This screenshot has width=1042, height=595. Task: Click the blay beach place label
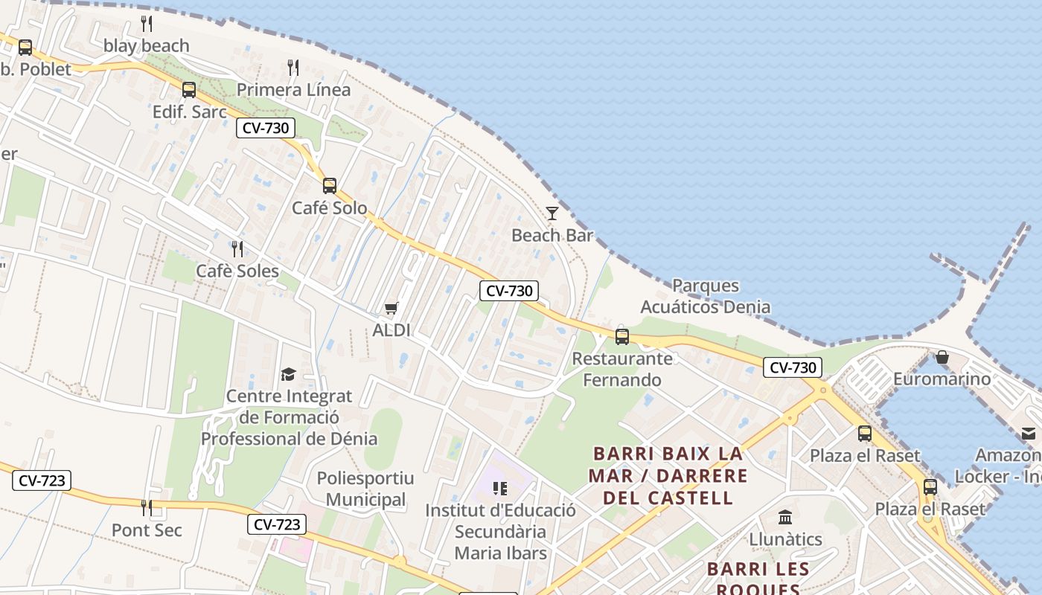(146, 46)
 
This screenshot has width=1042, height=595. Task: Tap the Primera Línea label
(293, 90)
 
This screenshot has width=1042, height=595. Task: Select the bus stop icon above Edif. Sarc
(189, 90)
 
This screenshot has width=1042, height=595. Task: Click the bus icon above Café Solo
(330, 185)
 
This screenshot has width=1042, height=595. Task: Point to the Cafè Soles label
(237, 271)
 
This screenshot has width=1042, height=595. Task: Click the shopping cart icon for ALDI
(391, 308)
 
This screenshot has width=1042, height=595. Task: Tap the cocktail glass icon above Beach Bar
(552, 213)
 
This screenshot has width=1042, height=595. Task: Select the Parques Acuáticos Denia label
(705, 296)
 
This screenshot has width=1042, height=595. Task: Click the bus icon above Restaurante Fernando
(622, 336)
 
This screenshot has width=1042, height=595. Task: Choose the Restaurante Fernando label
(622, 369)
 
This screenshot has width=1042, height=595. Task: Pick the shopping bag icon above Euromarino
(942, 357)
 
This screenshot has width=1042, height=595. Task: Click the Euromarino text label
(942, 379)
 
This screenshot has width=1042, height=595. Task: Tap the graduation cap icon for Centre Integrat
(288, 374)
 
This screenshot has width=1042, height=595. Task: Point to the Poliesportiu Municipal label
(365, 489)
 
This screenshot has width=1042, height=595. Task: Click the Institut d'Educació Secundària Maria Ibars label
(500, 532)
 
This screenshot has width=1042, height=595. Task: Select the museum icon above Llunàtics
(785, 517)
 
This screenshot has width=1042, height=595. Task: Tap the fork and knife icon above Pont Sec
(147, 508)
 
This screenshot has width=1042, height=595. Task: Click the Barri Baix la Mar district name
(668, 475)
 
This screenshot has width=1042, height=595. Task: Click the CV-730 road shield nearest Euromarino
(792, 367)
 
